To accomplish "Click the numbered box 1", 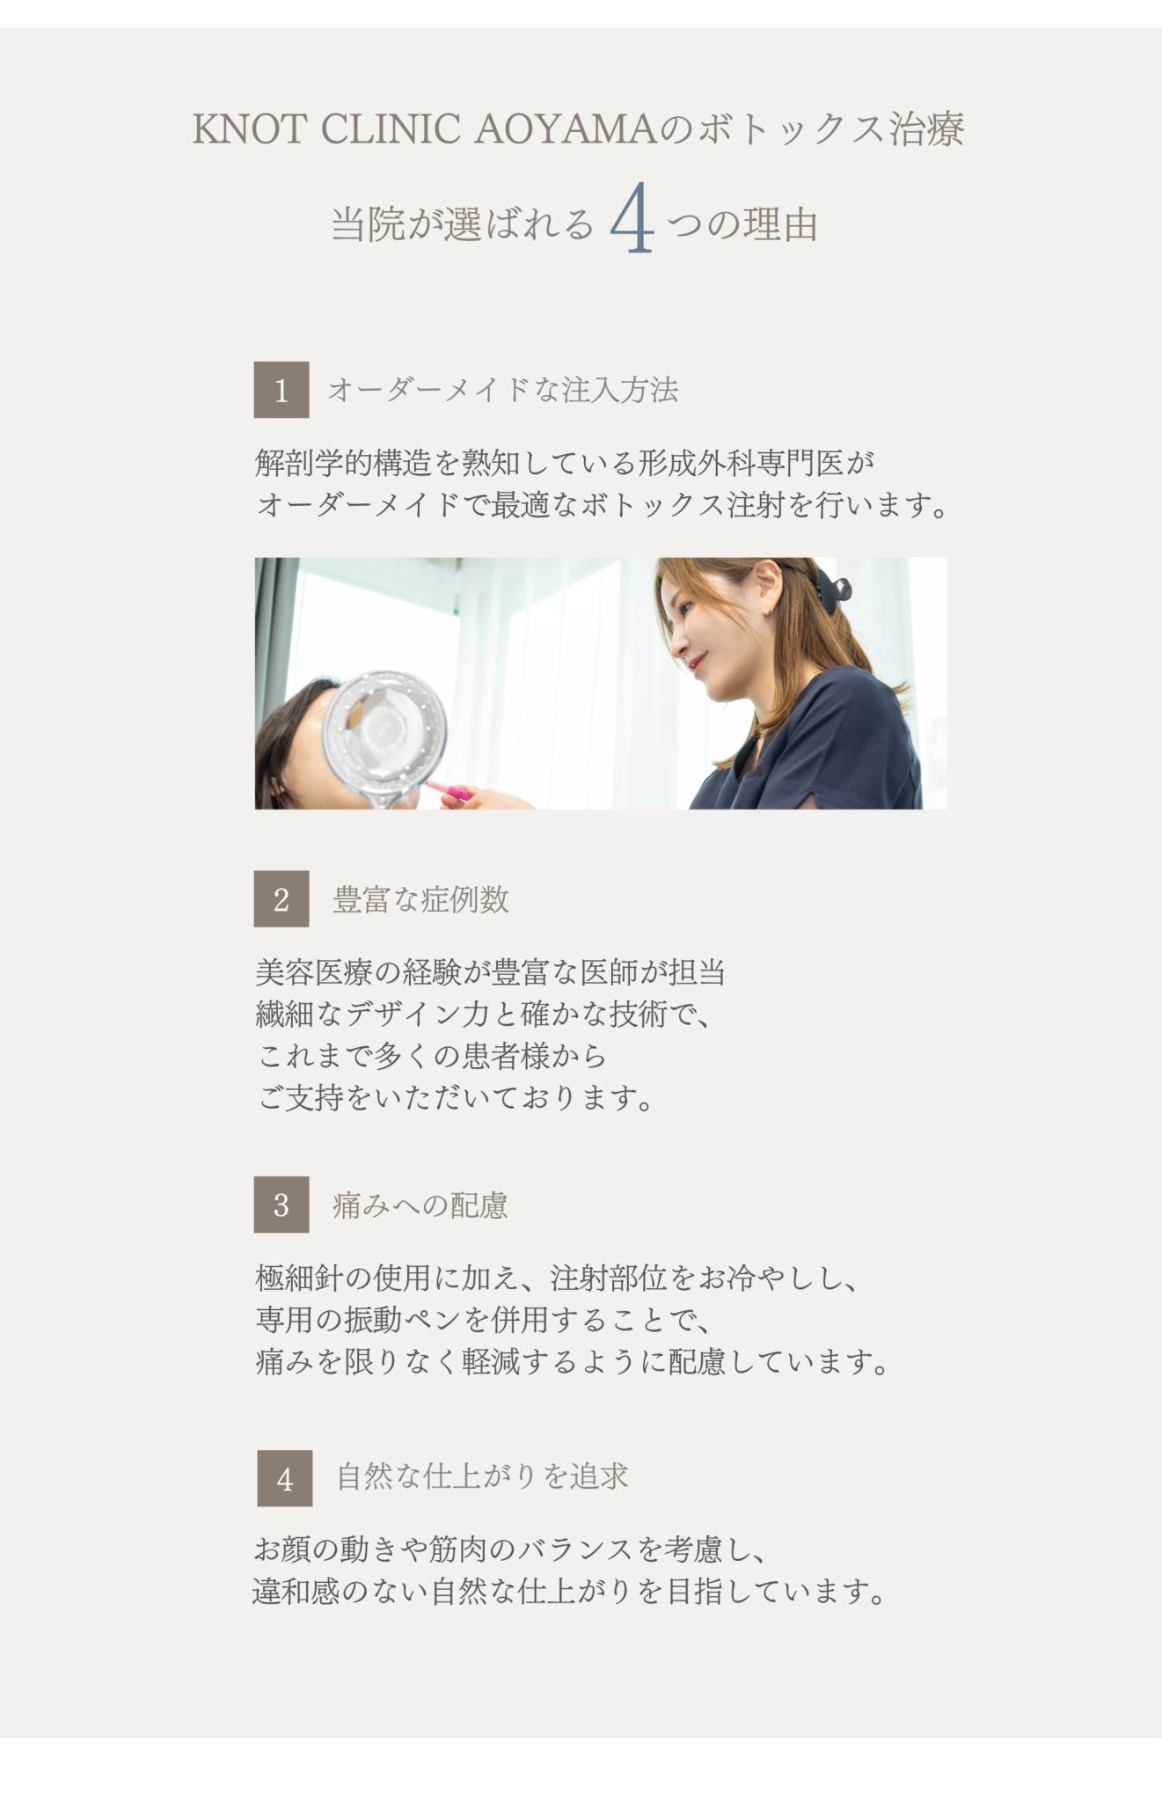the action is [x=281, y=390].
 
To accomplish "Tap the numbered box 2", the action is [x=281, y=898].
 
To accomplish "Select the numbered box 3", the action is [x=281, y=1205].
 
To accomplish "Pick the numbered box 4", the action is [x=285, y=1478].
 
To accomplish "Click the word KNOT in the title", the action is [x=249, y=129].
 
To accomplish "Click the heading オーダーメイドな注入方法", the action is [x=502, y=390].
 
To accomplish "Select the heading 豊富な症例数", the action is [x=420, y=899].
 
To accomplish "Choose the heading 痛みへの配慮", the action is [x=420, y=1205].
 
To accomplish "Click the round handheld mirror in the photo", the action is [x=383, y=729].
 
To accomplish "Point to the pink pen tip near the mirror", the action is [x=455, y=793].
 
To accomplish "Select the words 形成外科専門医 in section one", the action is [x=740, y=462].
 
